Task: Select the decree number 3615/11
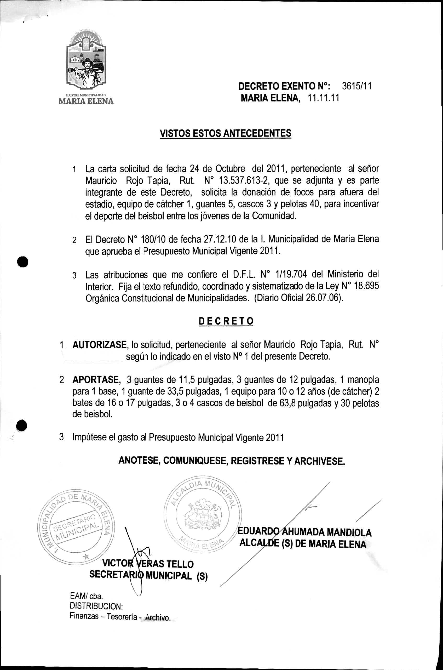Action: pos(356,86)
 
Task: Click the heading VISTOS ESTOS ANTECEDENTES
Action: pos(226,133)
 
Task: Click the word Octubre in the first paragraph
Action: pos(230,168)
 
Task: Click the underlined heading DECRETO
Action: pos(226,321)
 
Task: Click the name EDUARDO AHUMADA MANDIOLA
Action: pos(304,532)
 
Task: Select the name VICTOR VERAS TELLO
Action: pos(148,564)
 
